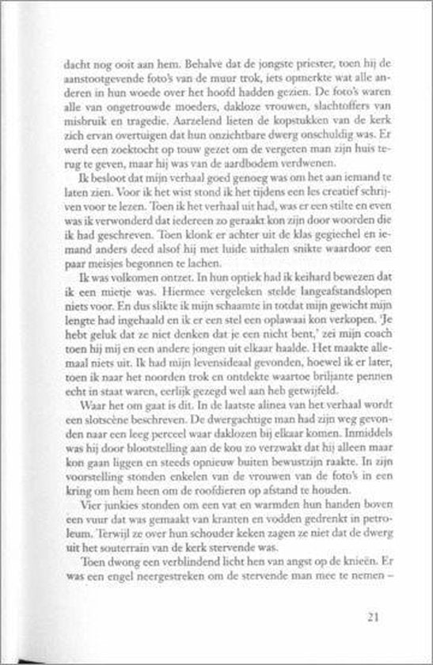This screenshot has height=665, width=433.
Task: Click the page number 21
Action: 376,616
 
